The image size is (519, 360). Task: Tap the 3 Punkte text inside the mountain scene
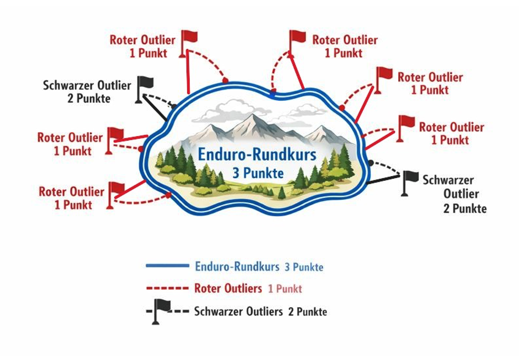(258, 172)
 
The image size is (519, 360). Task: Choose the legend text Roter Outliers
(228, 288)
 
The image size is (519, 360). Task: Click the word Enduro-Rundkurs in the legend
(237, 266)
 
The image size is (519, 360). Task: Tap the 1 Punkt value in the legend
(285, 289)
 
